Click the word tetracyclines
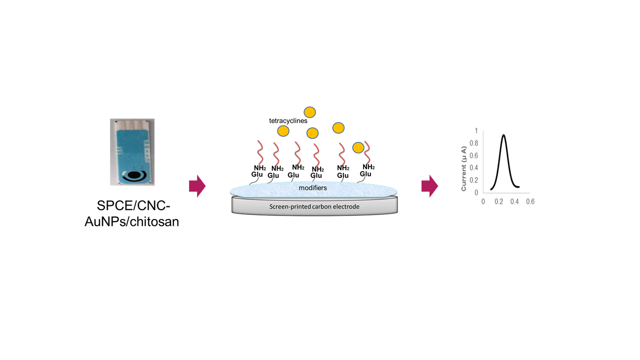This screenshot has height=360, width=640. click(x=288, y=120)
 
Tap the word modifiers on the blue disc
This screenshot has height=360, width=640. click(x=313, y=188)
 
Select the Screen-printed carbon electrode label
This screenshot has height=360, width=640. click(x=314, y=206)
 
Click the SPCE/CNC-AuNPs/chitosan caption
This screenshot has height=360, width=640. click(x=131, y=213)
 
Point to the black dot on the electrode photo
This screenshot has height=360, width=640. click(x=133, y=175)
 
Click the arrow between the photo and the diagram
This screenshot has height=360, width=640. click(x=197, y=186)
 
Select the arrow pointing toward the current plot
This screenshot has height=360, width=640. click(x=429, y=186)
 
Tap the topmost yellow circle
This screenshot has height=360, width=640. click(x=310, y=112)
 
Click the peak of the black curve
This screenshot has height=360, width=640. click(x=503, y=135)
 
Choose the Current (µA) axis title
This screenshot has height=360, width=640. click(x=464, y=168)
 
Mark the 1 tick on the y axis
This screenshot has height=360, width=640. click(x=476, y=131)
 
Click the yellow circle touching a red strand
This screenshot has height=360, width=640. click(x=358, y=147)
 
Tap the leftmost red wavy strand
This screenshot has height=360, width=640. click(x=260, y=152)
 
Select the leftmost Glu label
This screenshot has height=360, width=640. click(x=257, y=174)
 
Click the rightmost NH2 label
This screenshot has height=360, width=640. click(x=368, y=167)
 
